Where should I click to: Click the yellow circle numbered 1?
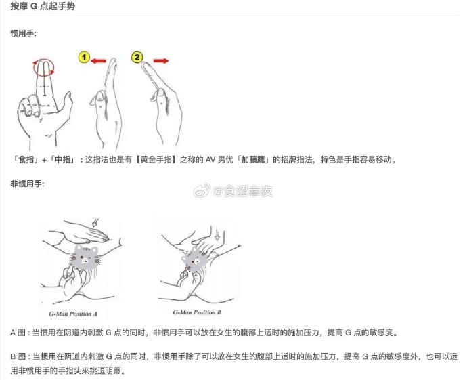[85, 57]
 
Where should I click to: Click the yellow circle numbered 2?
[137, 57]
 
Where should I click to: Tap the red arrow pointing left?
[99, 61]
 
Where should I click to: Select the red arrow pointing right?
[161, 61]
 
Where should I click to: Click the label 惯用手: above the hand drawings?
[23, 33]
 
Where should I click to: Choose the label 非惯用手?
[27, 184]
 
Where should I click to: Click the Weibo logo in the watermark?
[202, 191]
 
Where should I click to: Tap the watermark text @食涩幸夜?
[242, 191]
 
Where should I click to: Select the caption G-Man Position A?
[73, 314]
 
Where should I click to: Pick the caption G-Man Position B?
[197, 312]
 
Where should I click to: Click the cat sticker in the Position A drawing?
[85, 257]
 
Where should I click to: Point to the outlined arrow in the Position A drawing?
[95, 223]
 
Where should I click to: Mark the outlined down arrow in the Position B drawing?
[217, 234]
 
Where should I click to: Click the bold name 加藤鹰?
[252, 160]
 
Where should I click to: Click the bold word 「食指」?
[25, 160]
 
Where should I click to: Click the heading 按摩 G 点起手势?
[43, 6]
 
